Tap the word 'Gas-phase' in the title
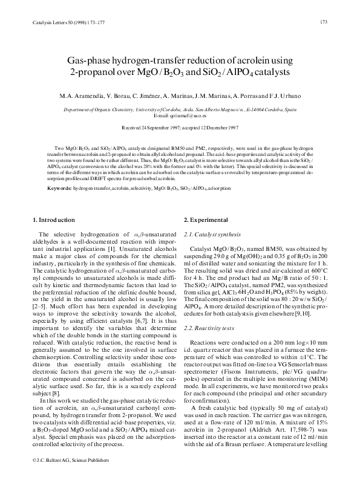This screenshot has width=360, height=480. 88,59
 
